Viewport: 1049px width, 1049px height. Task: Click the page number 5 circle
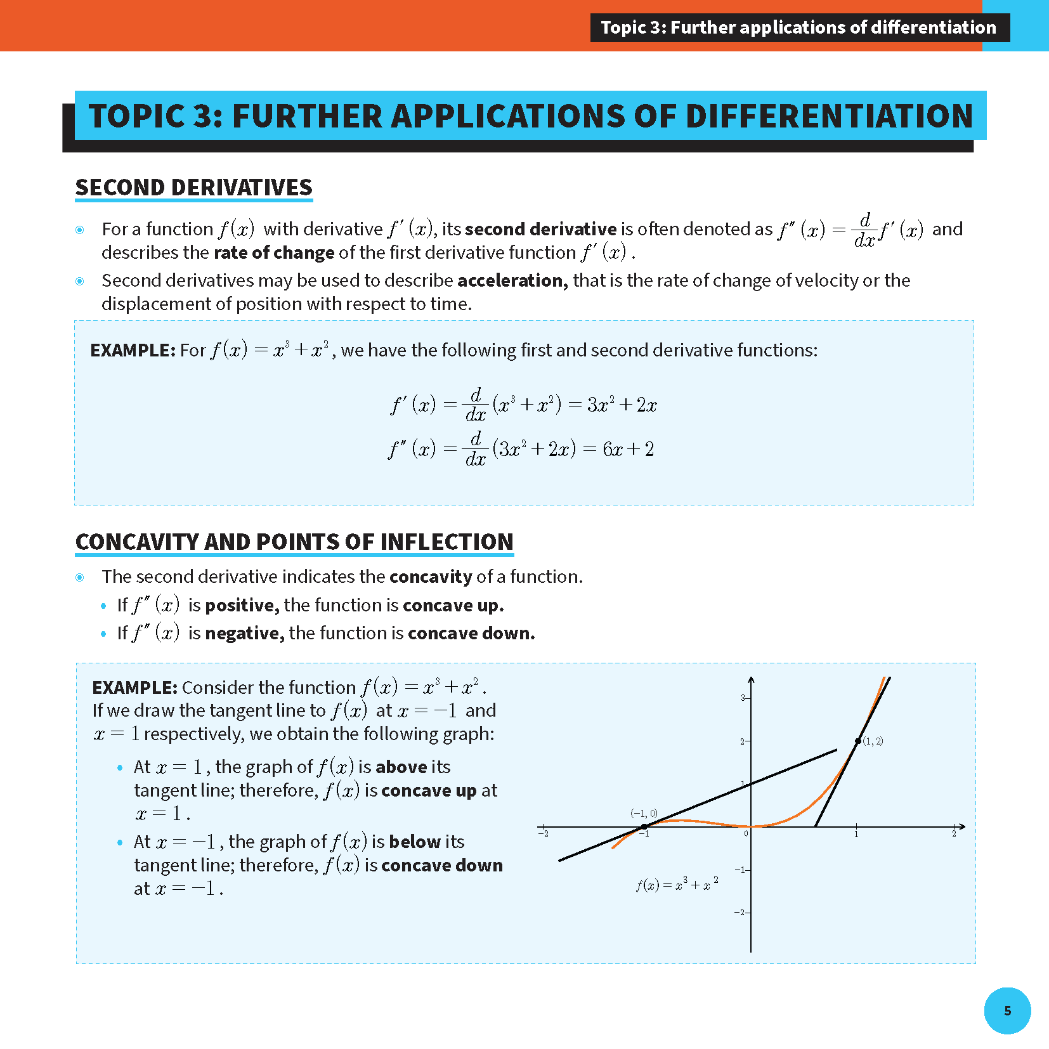(x=1007, y=1010)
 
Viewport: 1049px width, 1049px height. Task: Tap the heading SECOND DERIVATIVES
(x=193, y=188)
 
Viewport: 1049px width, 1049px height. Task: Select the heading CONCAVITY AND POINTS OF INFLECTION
(x=294, y=542)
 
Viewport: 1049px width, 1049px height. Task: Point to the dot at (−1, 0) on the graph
(x=644, y=826)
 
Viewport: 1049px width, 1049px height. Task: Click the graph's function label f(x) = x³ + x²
(x=677, y=885)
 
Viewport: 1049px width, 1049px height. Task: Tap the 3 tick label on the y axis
(x=743, y=698)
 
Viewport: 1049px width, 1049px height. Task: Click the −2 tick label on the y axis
(x=739, y=912)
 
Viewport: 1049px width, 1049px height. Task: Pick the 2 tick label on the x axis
(x=953, y=834)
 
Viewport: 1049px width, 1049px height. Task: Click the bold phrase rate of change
(x=274, y=252)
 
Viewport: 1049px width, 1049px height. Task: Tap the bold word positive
(x=242, y=605)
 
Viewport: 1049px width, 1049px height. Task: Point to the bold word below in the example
(x=414, y=842)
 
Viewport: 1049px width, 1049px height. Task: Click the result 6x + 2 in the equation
(x=628, y=450)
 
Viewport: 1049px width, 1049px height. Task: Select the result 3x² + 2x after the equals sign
(x=622, y=405)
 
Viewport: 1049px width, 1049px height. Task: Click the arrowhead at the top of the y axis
(x=751, y=681)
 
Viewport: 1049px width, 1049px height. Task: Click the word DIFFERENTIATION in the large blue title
(x=829, y=116)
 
